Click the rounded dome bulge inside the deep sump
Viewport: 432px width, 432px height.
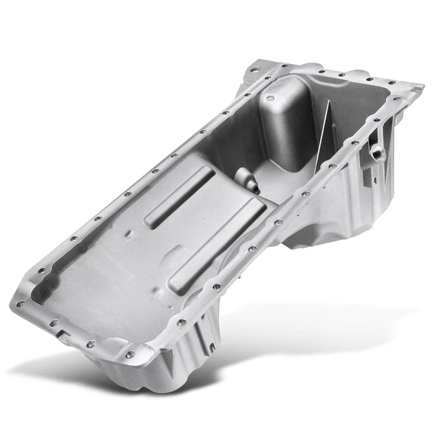click(x=283, y=115)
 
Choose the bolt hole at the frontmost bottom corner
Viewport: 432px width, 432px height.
click(x=129, y=354)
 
